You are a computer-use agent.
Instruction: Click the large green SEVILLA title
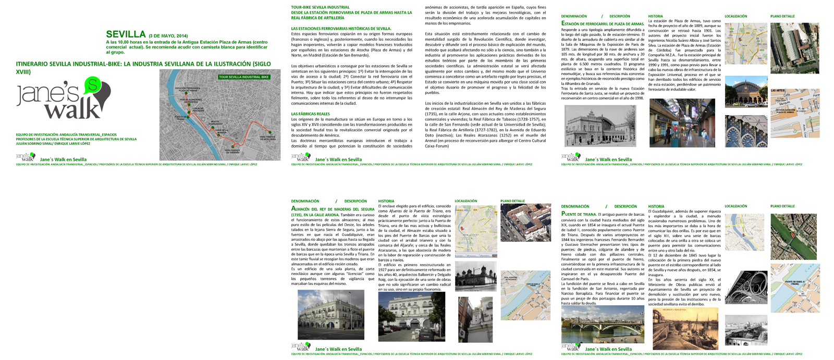(x=126, y=34)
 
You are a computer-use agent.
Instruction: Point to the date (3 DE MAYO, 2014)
(x=168, y=36)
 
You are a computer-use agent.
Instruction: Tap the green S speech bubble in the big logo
(x=93, y=84)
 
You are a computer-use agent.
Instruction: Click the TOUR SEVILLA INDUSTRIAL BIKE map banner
(x=244, y=77)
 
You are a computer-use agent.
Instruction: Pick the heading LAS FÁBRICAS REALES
(x=311, y=114)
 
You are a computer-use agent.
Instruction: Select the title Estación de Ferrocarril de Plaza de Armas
(x=603, y=23)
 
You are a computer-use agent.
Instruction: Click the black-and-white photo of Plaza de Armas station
(x=600, y=126)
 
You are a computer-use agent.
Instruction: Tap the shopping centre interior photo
(x=682, y=123)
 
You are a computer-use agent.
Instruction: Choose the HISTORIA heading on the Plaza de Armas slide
(x=656, y=16)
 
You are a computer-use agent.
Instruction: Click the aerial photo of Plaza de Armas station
(x=794, y=48)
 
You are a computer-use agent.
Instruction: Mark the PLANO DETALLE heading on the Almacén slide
(x=512, y=201)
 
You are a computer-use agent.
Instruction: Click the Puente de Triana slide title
(x=579, y=214)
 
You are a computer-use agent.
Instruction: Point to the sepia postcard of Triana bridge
(x=685, y=328)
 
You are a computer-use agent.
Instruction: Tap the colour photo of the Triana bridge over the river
(x=602, y=324)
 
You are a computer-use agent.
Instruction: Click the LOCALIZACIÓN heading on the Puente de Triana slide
(x=735, y=206)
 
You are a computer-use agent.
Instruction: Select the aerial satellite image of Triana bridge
(x=793, y=237)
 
